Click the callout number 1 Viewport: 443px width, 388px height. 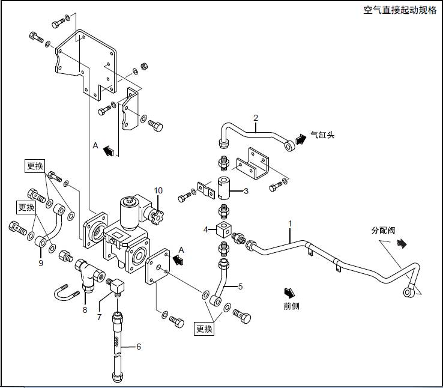tap(290, 223)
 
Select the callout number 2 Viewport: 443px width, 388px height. tap(256, 118)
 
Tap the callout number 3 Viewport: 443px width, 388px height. tap(246, 192)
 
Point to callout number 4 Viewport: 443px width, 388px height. tap(205, 229)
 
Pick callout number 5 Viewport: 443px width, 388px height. tap(240, 286)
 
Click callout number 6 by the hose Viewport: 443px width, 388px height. tap(139, 346)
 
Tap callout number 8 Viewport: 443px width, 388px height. tap(85, 310)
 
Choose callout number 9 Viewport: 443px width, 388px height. tap(41, 262)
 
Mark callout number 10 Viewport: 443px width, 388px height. tap(158, 191)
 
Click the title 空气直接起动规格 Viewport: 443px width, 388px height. tap(400, 11)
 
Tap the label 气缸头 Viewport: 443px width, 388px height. tap(322, 135)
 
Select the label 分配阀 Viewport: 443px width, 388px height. tap(384, 230)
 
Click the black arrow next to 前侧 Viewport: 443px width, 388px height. tap(290, 292)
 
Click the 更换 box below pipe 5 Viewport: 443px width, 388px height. tap(204, 329)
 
